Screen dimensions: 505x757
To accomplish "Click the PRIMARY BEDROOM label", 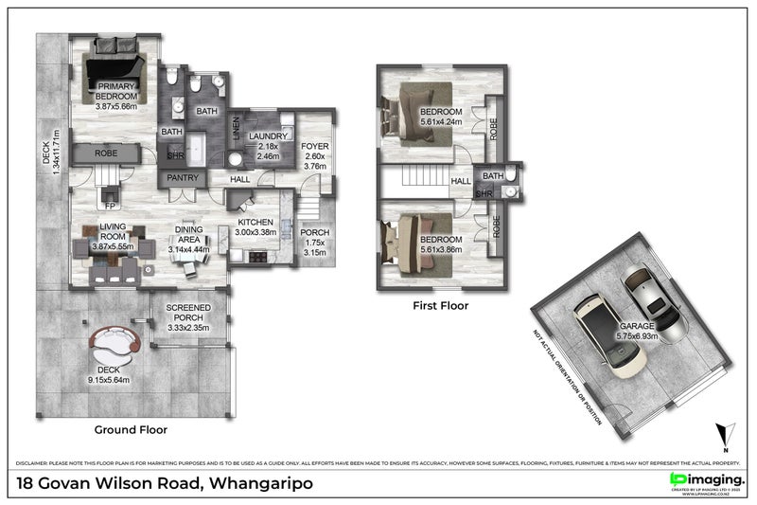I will coord(116,96).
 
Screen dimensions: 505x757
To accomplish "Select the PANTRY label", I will coord(180,177).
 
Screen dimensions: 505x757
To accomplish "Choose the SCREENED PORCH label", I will coord(188,317).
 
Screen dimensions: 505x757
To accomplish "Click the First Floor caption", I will coord(440,305).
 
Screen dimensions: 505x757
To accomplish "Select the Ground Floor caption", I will coord(131,429).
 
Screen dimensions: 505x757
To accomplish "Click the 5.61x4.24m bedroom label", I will coord(441,117).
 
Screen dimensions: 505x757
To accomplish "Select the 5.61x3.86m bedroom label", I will coord(441,243).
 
